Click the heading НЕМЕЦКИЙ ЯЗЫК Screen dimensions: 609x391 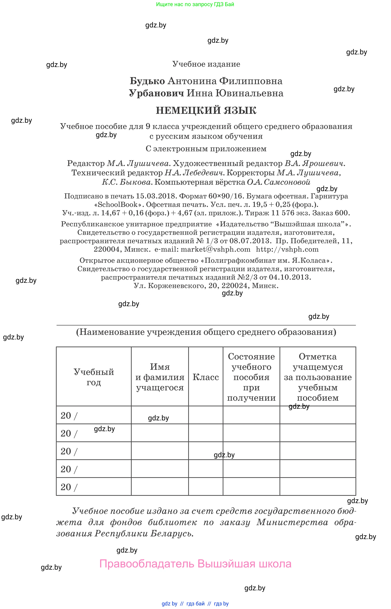click(x=206, y=111)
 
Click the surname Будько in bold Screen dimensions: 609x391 click(x=147, y=81)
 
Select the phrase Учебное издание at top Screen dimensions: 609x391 click(x=206, y=64)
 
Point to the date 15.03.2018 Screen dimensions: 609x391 click(x=156, y=196)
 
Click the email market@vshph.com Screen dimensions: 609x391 click(x=215, y=249)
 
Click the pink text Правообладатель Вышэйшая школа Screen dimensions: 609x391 click(x=195, y=564)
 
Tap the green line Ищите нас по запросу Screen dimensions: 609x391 click(x=195, y=4)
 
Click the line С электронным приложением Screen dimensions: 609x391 click(x=206, y=149)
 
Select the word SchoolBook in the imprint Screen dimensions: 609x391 click(x=118, y=205)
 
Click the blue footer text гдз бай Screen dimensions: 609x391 click(x=195, y=604)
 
